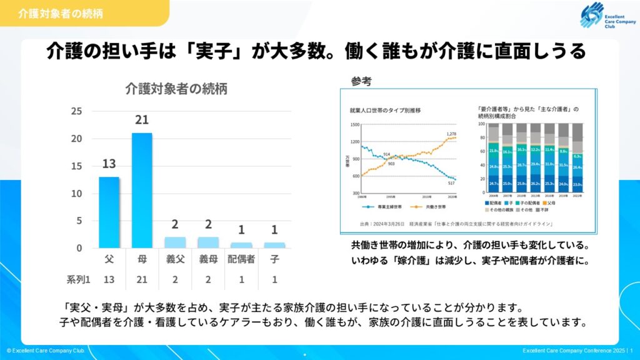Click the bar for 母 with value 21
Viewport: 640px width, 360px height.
click(x=141, y=190)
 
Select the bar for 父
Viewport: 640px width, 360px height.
click(x=109, y=212)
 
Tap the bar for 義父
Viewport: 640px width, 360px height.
click(x=175, y=242)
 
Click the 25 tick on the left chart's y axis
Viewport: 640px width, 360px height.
click(x=76, y=111)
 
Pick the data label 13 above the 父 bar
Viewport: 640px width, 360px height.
click(x=109, y=164)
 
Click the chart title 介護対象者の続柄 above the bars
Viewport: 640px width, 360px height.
click(x=176, y=89)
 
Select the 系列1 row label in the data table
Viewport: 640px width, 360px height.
click(x=79, y=279)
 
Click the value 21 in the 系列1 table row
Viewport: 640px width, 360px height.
click(x=142, y=279)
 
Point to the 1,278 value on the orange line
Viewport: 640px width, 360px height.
click(x=452, y=134)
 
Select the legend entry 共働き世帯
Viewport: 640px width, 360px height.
click(x=431, y=206)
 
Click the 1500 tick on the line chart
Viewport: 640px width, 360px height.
click(x=354, y=124)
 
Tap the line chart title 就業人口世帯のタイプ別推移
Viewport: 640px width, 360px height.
click(x=385, y=110)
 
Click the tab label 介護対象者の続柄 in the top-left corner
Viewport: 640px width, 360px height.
click(x=61, y=12)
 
